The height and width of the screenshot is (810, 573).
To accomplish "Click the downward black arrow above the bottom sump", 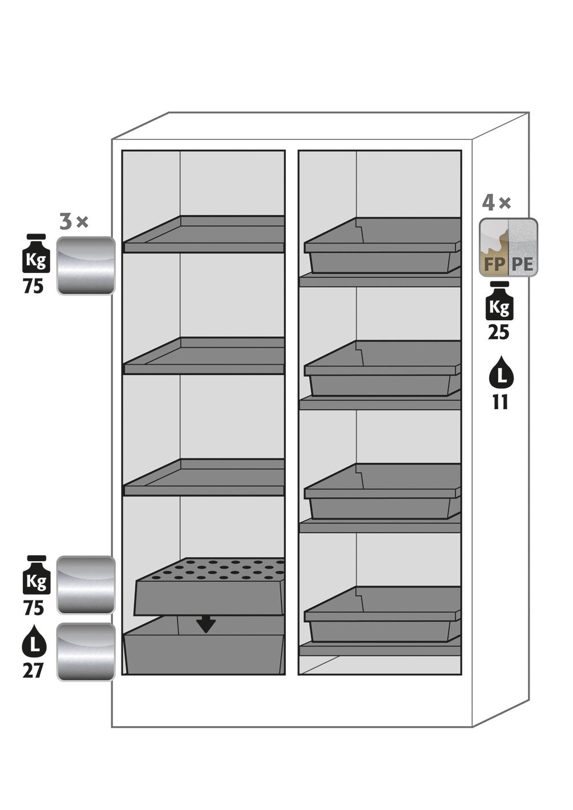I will [x=206, y=625].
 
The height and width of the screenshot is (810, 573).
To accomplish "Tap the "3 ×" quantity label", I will [x=74, y=221].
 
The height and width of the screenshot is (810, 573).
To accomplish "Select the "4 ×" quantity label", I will [x=497, y=203].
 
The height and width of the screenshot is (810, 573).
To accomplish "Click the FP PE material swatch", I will [x=508, y=248].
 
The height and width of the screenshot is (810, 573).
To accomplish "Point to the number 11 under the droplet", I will [x=500, y=402].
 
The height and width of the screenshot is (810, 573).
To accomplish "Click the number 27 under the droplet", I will [x=33, y=670].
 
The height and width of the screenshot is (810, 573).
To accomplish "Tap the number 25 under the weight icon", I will [x=498, y=332].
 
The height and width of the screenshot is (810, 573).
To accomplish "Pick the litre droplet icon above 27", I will [x=34, y=641].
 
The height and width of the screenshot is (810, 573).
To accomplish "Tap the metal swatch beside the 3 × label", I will [x=86, y=266].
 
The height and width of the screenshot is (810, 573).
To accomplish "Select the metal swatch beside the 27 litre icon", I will [x=86, y=652].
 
